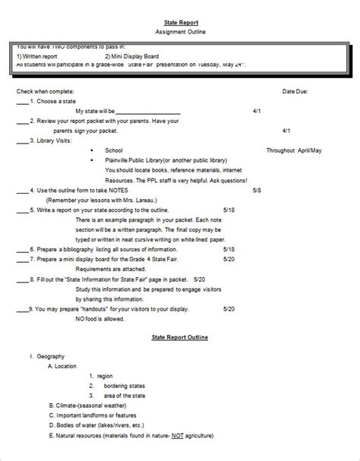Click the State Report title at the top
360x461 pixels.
tap(179, 24)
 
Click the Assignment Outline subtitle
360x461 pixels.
tap(179, 33)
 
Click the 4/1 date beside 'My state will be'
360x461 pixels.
tap(256, 111)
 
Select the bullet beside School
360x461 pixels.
tap(91, 150)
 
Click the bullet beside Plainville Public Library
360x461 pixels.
tap(91, 160)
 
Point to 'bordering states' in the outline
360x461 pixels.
tap(122, 385)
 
